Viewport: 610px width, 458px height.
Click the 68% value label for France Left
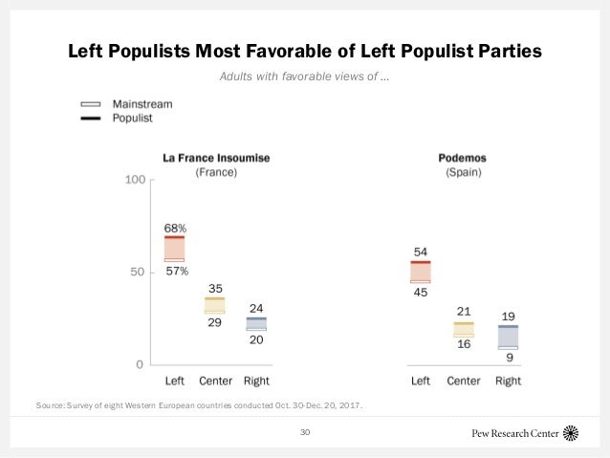click(x=174, y=228)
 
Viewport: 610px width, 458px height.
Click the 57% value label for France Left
click(x=176, y=272)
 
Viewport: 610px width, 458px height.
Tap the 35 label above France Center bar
click(x=216, y=288)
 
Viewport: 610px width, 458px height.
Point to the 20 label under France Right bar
click(x=256, y=339)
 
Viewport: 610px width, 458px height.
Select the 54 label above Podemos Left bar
click(x=420, y=251)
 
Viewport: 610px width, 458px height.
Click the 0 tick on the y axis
click(x=140, y=364)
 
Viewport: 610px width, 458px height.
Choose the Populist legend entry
click(x=132, y=119)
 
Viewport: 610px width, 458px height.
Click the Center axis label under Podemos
click(x=464, y=381)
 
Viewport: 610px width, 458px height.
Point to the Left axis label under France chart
click(x=174, y=381)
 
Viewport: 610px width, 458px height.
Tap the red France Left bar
click(x=174, y=249)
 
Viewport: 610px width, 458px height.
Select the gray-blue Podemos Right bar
click(x=507, y=337)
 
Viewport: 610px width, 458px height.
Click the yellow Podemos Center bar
click(x=464, y=329)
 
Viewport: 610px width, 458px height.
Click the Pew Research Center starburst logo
click(x=571, y=433)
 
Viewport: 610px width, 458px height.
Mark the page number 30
click(x=305, y=433)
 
